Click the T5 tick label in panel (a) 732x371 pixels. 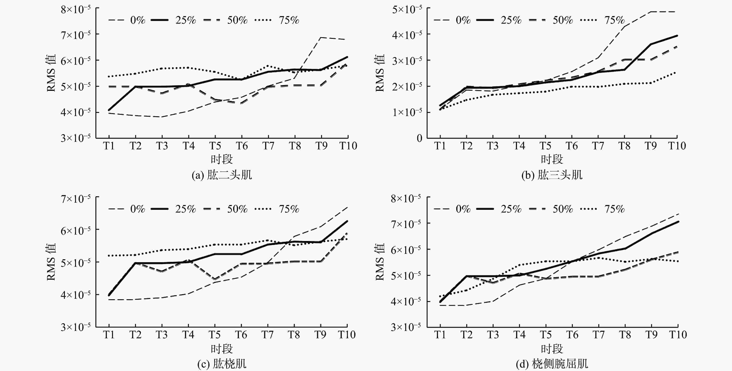(x=215, y=146)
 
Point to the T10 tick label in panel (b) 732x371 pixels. (x=677, y=146)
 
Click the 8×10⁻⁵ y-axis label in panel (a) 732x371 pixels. (x=76, y=9)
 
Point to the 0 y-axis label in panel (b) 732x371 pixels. (x=419, y=139)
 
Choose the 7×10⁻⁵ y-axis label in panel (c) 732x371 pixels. (x=76, y=198)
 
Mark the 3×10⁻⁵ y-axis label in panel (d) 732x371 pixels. (x=406, y=327)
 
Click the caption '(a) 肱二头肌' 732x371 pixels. (x=222, y=175)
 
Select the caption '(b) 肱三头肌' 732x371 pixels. (x=552, y=175)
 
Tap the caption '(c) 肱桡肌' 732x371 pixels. (x=222, y=364)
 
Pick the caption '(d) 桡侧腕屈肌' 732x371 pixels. (x=552, y=364)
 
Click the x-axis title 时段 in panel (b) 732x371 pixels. (x=552, y=159)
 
